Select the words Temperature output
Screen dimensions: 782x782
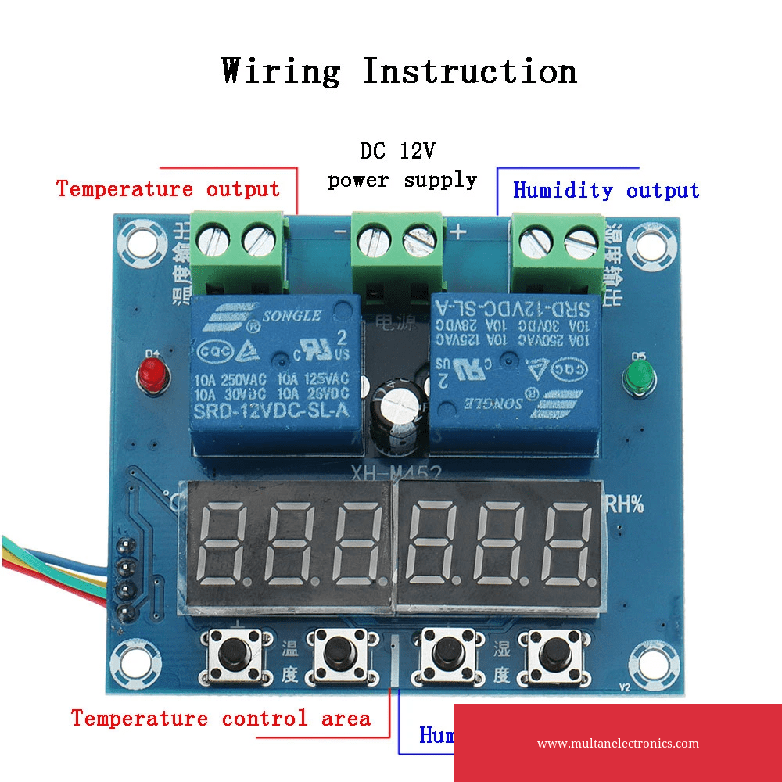168,189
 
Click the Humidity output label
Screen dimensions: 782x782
606,191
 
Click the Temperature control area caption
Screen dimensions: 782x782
221,719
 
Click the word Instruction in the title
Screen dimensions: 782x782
470,71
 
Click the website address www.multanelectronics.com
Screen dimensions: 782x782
618,744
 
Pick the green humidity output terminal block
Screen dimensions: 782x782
558,249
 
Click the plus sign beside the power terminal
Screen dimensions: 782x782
457,231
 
